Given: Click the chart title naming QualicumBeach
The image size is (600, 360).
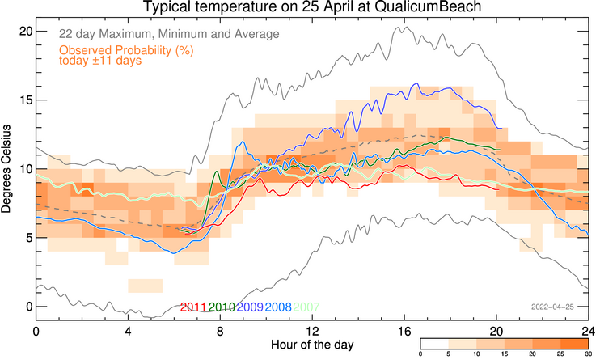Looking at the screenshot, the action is tap(312, 6).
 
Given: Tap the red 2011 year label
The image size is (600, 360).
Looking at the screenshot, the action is tap(193, 307).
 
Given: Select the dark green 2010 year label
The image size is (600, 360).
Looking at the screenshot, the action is tap(222, 307).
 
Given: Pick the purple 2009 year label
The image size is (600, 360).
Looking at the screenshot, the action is tap(250, 307).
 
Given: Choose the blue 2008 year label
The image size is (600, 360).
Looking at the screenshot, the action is tap(278, 307).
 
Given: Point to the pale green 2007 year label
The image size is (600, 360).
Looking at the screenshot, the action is tap(306, 307).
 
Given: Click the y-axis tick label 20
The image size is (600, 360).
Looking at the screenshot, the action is tap(26, 31).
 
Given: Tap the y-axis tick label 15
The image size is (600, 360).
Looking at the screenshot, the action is tap(26, 100).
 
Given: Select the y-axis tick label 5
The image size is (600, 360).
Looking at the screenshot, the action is tap(28, 238).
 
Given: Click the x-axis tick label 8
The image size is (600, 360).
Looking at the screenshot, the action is tap(220, 331).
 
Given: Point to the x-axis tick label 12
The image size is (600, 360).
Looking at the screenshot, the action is tap(312, 331).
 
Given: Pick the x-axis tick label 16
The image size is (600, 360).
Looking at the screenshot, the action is tap(404, 331).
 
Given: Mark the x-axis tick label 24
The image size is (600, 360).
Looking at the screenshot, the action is tap(589, 331).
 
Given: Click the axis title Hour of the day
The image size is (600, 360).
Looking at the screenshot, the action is tap(312, 345).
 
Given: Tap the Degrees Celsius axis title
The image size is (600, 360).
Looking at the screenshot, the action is tap(6, 169).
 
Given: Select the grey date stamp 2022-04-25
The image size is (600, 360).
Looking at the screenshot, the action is tap(552, 307).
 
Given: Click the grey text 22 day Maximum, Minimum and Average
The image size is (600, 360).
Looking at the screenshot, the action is tap(169, 34).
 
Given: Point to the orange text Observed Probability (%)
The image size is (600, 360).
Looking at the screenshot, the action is tap(126, 50).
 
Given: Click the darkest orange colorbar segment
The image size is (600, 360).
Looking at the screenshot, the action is tap(574, 343).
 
